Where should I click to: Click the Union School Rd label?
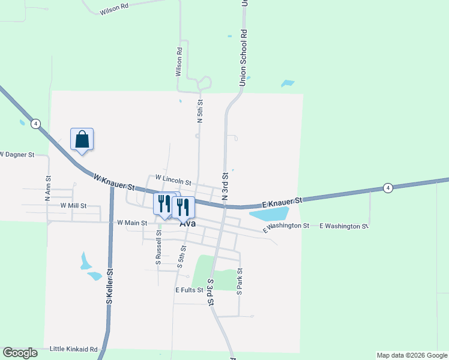pos(243,58)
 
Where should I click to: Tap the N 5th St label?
pos(200,112)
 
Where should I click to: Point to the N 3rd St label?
pos(226,186)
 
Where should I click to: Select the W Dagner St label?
pos(17,154)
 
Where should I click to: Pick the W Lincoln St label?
pos(173,178)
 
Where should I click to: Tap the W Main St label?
pos(132,223)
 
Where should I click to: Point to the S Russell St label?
pos(158,253)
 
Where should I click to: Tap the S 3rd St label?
pos(211,293)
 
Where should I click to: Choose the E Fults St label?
pos(190,290)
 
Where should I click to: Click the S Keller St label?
pos(110,286)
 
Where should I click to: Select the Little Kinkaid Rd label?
pos(73,349)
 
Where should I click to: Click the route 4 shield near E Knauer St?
pos(388,188)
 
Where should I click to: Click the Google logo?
pos(20,352)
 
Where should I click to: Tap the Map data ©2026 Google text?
pos(411,355)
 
